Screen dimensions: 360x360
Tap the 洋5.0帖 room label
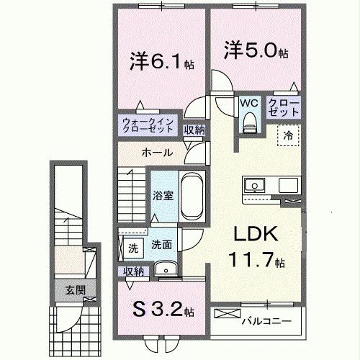pos(255,51)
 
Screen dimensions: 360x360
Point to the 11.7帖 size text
pos(254,260)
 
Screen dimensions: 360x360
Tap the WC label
pos(248,102)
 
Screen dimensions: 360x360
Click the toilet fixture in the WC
pos(249,122)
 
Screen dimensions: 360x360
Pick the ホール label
pos(156,153)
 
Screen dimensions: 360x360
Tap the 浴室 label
pos(162,195)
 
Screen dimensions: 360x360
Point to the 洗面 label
pos(161,245)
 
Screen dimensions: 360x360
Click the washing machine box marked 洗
pos(133,248)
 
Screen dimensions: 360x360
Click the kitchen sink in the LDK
pos(254,186)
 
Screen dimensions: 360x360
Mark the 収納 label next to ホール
pos(193,130)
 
